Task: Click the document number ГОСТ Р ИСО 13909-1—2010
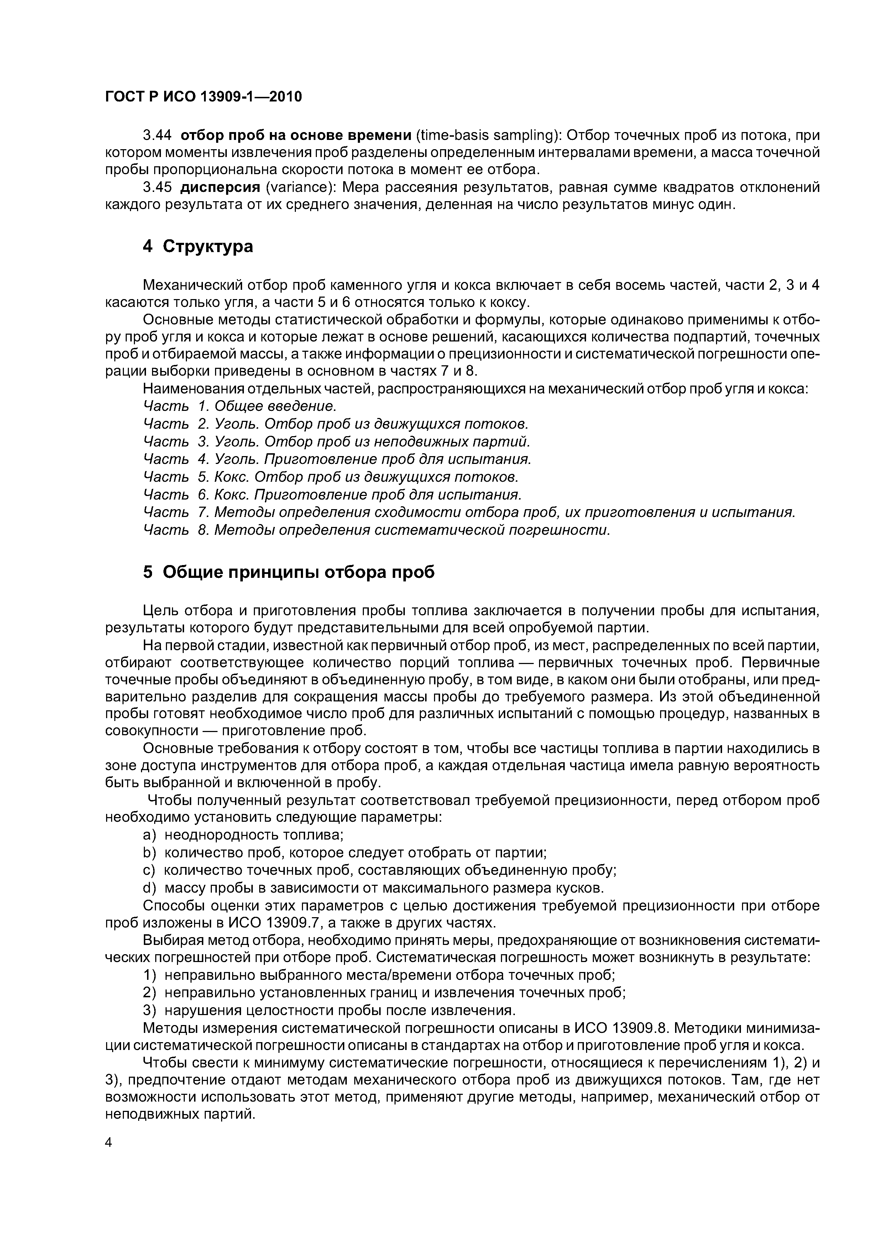(x=203, y=97)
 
